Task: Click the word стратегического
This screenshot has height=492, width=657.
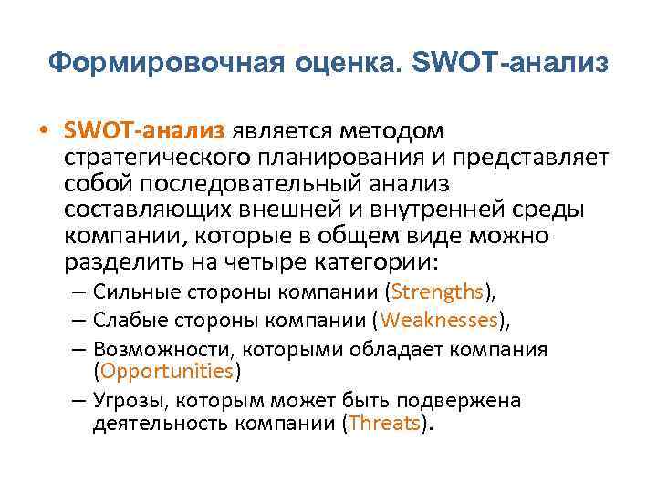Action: (146, 159)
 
